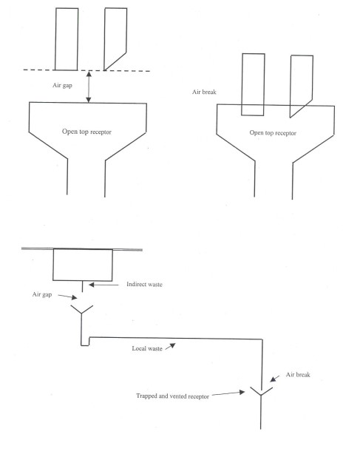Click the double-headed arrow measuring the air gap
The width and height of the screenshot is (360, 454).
pos(89,87)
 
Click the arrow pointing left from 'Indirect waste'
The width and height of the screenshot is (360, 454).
pos(114,283)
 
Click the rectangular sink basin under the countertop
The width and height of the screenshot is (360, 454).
pos(82,264)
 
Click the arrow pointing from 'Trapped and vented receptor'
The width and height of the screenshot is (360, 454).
pos(237,395)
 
